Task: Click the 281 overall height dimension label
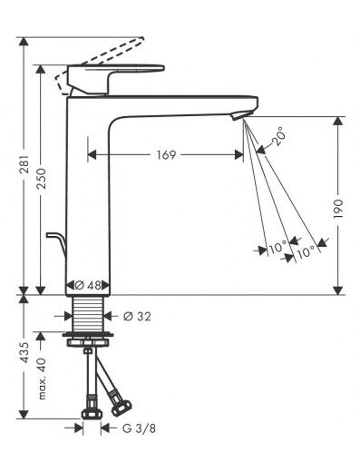(x=24, y=164)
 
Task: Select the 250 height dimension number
(x=41, y=179)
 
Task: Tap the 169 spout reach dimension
(x=166, y=155)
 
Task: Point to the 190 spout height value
(x=338, y=209)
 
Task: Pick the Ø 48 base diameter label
(x=88, y=285)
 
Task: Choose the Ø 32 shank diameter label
(x=137, y=317)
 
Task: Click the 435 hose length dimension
(x=24, y=352)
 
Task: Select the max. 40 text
(x=42, y=379)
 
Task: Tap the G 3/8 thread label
(x=140, y=428)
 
